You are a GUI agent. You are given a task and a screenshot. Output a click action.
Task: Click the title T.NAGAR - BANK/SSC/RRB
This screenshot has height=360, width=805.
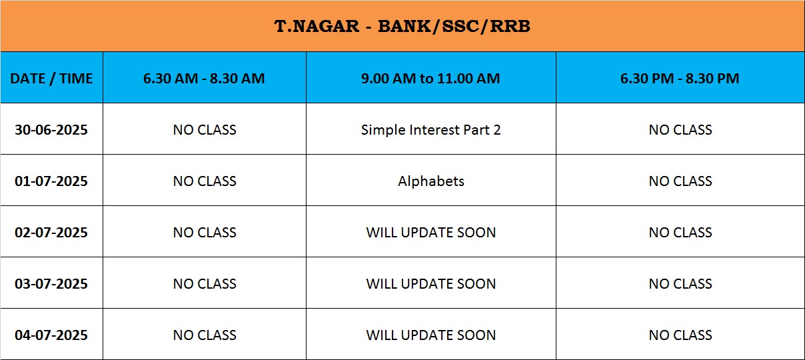click(402, 26)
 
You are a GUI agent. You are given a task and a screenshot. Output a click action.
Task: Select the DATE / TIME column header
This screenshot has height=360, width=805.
click(51, 79)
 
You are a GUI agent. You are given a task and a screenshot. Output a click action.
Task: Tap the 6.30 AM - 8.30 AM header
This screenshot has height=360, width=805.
click(204, 79)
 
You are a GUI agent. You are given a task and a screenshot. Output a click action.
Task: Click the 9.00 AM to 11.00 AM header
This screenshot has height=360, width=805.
click(430, 79)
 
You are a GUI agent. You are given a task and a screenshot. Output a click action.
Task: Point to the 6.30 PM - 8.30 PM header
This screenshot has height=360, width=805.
click(680, 79)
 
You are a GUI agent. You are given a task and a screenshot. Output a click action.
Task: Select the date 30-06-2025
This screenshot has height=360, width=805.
click(51, 130)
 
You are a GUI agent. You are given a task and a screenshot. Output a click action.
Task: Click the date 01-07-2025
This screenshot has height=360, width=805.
click(51, 181)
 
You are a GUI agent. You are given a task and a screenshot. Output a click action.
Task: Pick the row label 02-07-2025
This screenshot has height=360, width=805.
click(51, 233)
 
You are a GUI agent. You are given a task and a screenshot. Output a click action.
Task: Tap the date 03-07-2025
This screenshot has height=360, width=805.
click(51, 284)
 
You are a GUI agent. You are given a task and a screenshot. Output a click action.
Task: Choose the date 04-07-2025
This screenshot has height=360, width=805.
click(51, 335)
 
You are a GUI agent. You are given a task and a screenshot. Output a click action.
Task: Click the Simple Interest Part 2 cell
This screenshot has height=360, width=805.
click(431, 130)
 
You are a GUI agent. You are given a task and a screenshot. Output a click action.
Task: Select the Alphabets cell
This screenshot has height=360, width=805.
click(431, 181)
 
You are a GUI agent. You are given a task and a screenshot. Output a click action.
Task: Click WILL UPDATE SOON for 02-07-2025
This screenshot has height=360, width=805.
click(431, 233)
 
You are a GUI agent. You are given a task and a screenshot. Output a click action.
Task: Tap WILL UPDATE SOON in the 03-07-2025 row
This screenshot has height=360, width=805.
click(431, 284)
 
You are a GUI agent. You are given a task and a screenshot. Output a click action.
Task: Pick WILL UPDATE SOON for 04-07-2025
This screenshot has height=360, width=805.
click(431, 335)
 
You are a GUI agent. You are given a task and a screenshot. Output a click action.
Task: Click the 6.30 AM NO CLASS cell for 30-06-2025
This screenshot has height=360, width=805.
click(205, 130)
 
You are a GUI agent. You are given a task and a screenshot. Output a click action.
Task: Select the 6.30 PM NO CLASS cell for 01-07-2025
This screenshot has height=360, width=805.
click(680, 181)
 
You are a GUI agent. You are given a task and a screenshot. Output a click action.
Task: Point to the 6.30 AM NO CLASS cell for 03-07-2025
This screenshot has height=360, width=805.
click(205, 284)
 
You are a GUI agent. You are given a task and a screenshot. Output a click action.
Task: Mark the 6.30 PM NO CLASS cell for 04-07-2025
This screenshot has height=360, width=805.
click(680, 335)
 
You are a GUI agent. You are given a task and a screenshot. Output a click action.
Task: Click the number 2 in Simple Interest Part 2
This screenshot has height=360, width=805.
click(496, 130)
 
